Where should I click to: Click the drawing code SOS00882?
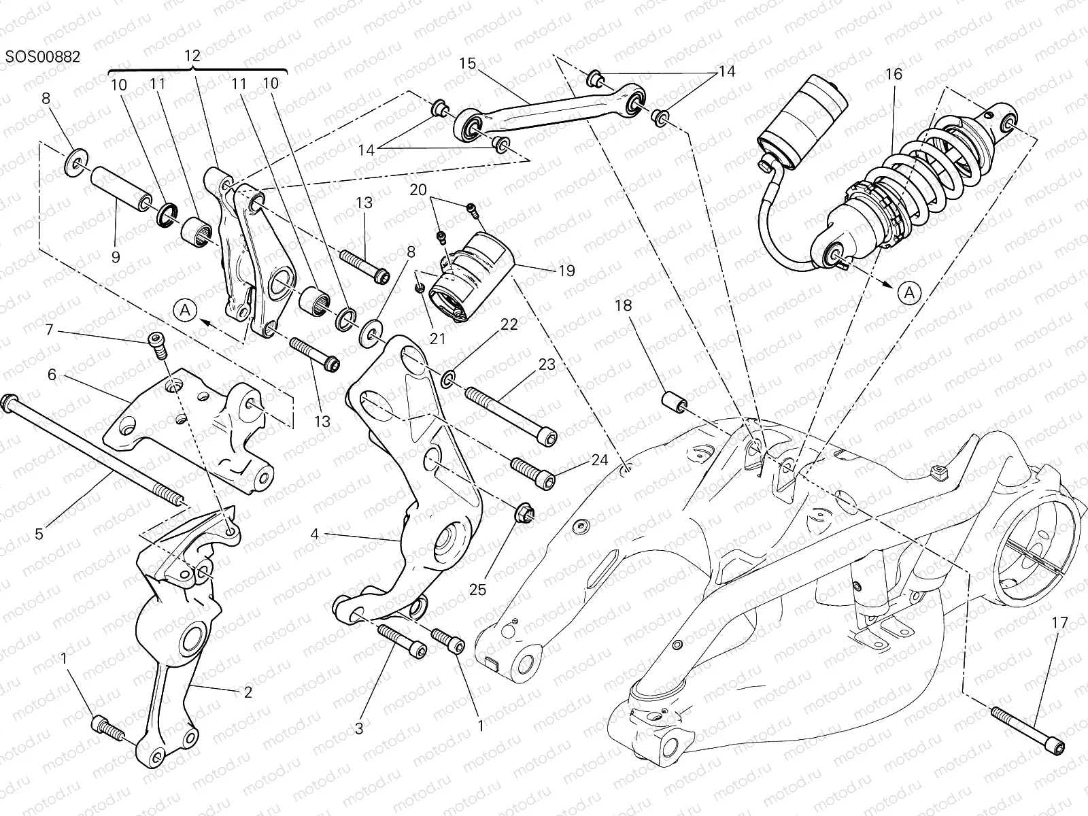[43, 56]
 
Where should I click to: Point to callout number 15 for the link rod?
[467, 63]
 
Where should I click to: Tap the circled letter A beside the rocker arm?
[188, 311]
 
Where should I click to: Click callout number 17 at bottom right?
[1059, 622]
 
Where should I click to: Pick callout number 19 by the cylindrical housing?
[566, 269]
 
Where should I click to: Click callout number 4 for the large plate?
[314, 534]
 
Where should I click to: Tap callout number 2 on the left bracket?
[248, 692]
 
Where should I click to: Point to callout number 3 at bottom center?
[358, 728]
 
